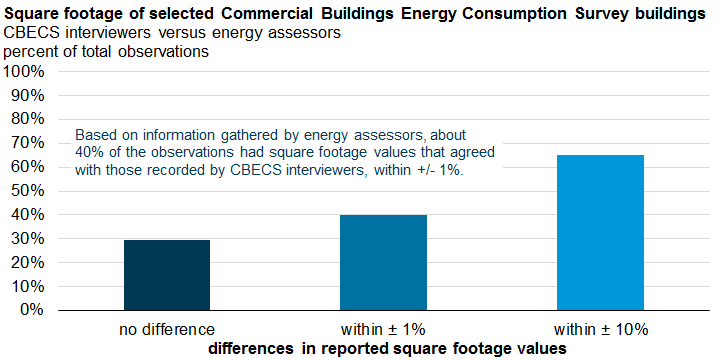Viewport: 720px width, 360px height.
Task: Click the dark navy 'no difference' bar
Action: tap(166, 275)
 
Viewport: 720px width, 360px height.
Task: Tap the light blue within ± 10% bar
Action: tap(600, 232)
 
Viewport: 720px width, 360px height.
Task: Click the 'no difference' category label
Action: tap(166, 328)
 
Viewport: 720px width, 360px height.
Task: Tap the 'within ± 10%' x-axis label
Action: tap(600, 328)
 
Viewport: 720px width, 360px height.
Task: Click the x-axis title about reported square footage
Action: tap(389, 347)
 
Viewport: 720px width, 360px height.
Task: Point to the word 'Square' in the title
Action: tap(33, 14)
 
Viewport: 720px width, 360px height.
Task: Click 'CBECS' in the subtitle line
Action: tap(31, 33)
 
